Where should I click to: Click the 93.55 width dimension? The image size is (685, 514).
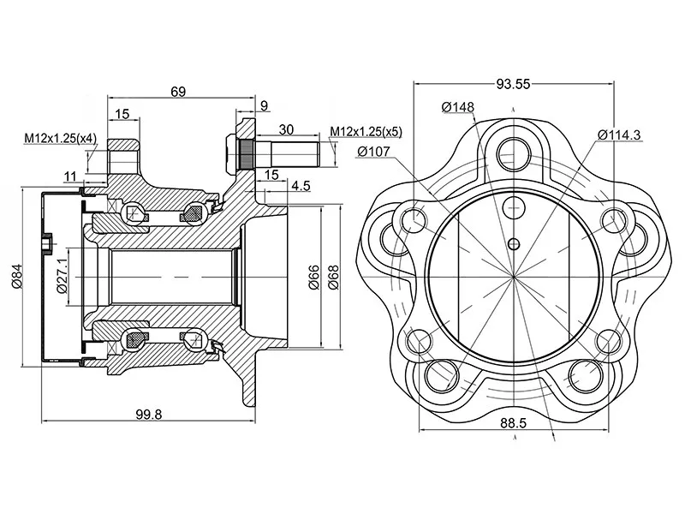[512, 84]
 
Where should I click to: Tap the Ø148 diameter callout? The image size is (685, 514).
[458, 107]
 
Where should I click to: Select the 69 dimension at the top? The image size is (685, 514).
[178, 92]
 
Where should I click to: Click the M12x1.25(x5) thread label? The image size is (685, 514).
[366, 131]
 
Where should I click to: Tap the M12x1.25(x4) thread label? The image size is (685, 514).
[59, 138]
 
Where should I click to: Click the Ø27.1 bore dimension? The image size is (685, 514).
[62, 276]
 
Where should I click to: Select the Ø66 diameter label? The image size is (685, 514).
[314, 276]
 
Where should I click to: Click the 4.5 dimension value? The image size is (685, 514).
[301, 186]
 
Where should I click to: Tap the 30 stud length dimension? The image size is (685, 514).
[286, 129]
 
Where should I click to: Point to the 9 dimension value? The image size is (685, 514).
[263, 106]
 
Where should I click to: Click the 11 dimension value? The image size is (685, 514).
[69, 176]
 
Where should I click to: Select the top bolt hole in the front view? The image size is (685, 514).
[515, 149]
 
